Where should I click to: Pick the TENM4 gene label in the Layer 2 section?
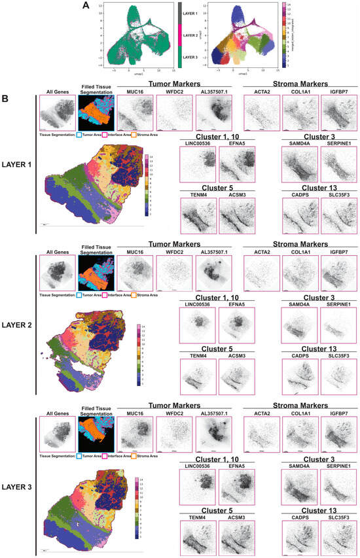[x=195, y=355]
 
